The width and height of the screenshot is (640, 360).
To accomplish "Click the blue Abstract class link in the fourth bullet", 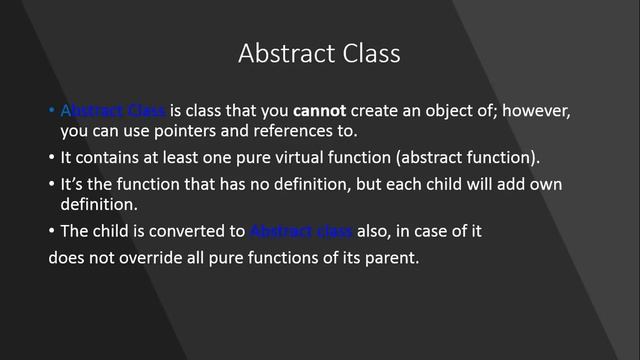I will [x=300, y=231].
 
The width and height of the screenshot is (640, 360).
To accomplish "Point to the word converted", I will [x=189, y=231].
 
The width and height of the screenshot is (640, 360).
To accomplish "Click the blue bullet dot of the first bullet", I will [x=53, y=111].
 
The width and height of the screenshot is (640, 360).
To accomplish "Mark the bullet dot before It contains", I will [x=53, y=157].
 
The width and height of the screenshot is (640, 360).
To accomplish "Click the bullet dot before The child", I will [x=53, y=231].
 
